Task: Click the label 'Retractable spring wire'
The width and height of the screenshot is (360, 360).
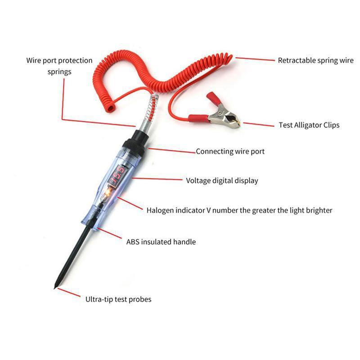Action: pyautogui.click(x=315, y=60)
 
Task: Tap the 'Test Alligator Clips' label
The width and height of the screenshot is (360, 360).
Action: pyautogui.click(x=309, y=125)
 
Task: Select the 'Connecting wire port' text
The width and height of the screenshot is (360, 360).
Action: pyautogui.click(x=230, y=152)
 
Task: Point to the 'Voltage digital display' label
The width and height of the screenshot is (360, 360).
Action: pyautogui.click(x=222, y=181)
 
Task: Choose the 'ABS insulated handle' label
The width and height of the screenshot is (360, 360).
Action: pyautogui.click(x=161, y=242)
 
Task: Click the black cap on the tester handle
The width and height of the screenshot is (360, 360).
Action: pyautogui.click(x=133, y=141)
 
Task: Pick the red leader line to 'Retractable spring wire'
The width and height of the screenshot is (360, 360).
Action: pyautogui.click(x=254, y=59)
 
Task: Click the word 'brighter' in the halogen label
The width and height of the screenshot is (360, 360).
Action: pyautogui.click(x=319, y=210)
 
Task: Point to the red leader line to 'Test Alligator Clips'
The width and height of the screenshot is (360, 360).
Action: pyautogui.click(x=258, y=124)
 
